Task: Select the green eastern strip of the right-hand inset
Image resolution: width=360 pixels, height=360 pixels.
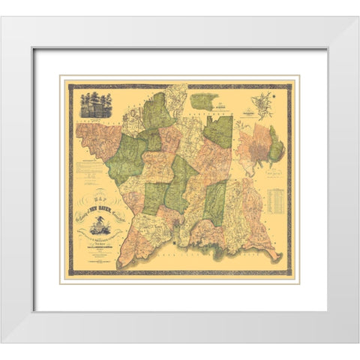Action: [277, 146]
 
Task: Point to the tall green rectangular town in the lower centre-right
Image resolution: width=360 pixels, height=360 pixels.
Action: [215, 203]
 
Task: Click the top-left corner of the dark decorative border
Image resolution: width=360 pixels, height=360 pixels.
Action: [69, 85]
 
